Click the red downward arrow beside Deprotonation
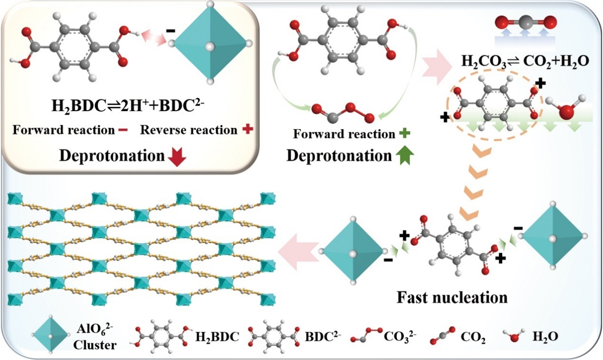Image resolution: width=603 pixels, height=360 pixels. (178, 158)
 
